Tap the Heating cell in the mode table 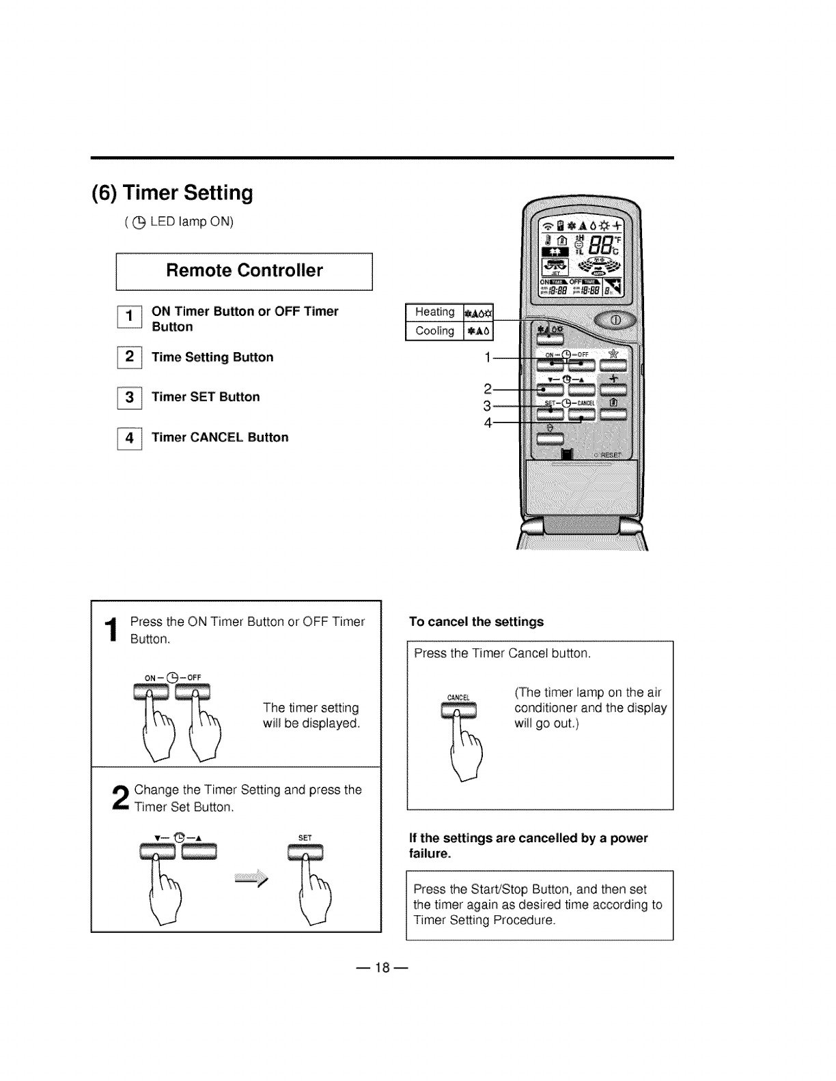434,312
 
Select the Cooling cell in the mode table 434,331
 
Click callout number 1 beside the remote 487,356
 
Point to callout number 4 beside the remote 487,422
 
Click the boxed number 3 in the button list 129,397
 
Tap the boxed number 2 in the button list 129,358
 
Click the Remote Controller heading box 245,271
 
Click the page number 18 382,967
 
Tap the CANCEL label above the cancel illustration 458,697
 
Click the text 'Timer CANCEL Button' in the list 220,437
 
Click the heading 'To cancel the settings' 476,622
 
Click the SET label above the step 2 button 305,838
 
